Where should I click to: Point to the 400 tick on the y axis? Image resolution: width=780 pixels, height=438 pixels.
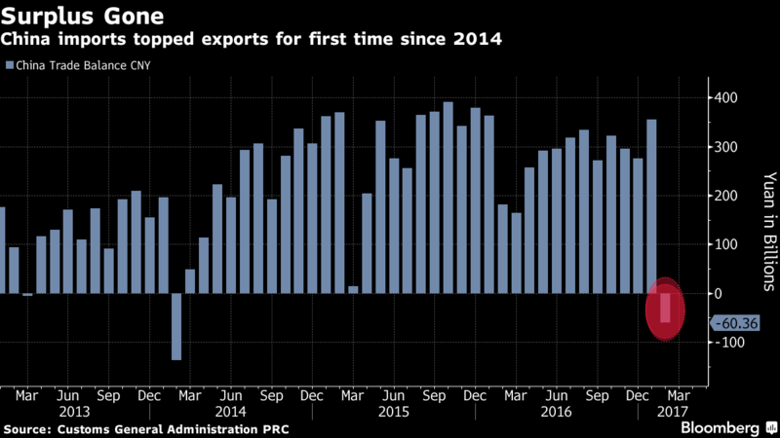click(x=726, y=98)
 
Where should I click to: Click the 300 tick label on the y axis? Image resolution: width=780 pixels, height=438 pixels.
click(x=726, y=147)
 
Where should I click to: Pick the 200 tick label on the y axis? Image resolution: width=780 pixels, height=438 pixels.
click(x=726, y=196)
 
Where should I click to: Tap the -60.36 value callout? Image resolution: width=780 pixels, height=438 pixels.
click(x=736, y=323)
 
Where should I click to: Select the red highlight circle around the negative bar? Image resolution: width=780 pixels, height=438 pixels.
click(x=666, y=309)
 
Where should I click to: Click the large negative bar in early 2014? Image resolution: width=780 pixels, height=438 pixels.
click(x=176, y=326)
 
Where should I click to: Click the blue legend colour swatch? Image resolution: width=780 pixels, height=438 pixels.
click(x=9, y=66)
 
